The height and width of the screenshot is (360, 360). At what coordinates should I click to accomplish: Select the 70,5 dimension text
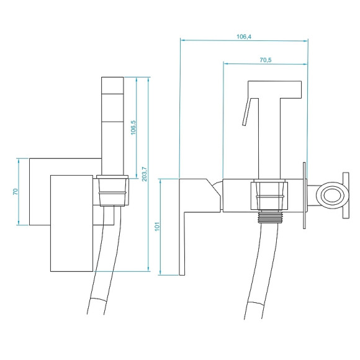[x=266, y=60]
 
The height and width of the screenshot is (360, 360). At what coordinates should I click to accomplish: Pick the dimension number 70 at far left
[x=15, y=191]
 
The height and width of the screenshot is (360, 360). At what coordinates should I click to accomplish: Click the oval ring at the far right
[x=330, y=194]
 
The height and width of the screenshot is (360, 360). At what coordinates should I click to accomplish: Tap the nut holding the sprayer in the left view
[x=114, y=191]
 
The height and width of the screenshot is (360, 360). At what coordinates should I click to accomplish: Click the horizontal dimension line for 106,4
[x=244, y=42]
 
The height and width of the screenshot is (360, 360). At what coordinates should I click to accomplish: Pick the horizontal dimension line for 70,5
[x=266, y=64]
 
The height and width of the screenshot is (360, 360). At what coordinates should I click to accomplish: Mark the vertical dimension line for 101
[x=161, y=227]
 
